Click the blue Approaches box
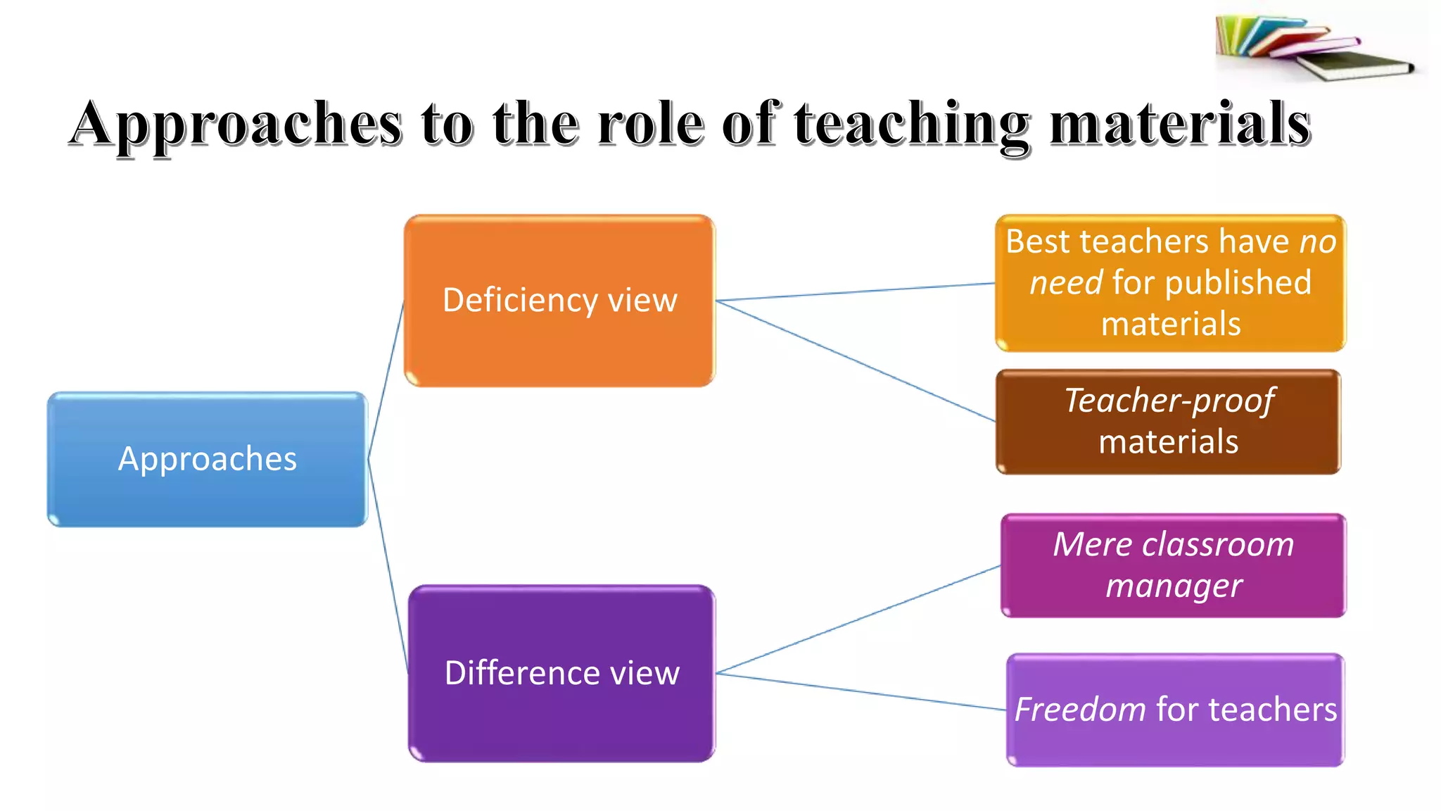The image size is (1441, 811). pyautogui.click(x=207, y=493)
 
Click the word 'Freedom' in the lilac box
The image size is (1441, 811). pyautogui.click(x=1080, y=710)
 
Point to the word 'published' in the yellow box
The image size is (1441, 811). pyautogui.click(x=1238, y=283)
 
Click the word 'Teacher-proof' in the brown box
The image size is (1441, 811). pyautogui.click(x=1168, y=401)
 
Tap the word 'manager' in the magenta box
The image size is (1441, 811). pyautogui.click(x=1174, y=586)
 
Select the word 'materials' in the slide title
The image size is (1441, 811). pyautogui.click(x=1180, y=124)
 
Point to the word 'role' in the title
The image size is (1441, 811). pyautogui.click(x=651, y=124)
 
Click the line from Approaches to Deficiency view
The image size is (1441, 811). pyautogui.click(x=386, y=380)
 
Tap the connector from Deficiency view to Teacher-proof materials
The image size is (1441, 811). pyautogui.click(x=855, y=360)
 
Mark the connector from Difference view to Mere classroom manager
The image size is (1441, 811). pyautogui.click(x=858, y=620)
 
